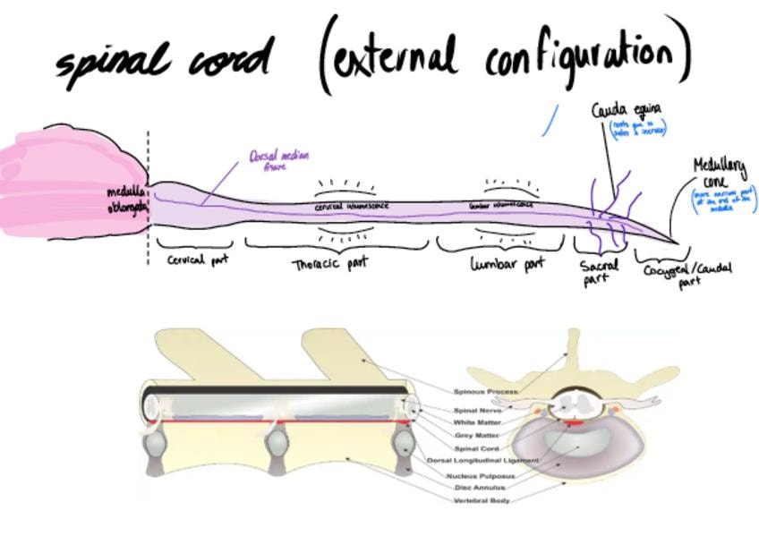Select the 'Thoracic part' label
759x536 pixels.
pos(330,264)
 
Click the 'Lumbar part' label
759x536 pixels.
pos(507,265)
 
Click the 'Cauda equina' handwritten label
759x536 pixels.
pos(626,111)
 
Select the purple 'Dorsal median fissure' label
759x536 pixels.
pos(278,159)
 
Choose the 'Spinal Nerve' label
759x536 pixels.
pos(477,411)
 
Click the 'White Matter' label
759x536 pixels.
pos(477,422)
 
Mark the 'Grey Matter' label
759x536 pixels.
pos(476,435)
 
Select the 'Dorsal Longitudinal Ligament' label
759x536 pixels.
pos(482,460)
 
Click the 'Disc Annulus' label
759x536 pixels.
pos(480,488)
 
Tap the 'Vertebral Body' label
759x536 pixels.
pos(482,500)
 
